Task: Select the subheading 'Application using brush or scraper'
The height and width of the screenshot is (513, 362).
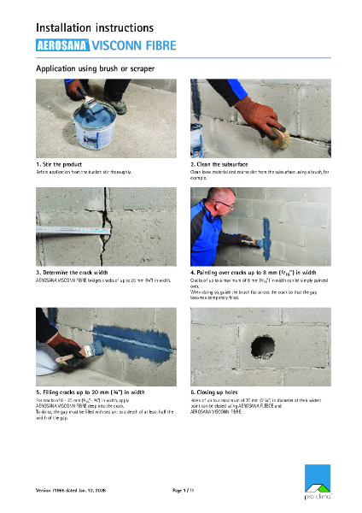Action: [x=95, y=68]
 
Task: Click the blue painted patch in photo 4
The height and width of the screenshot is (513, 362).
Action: [x=267, y=231]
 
